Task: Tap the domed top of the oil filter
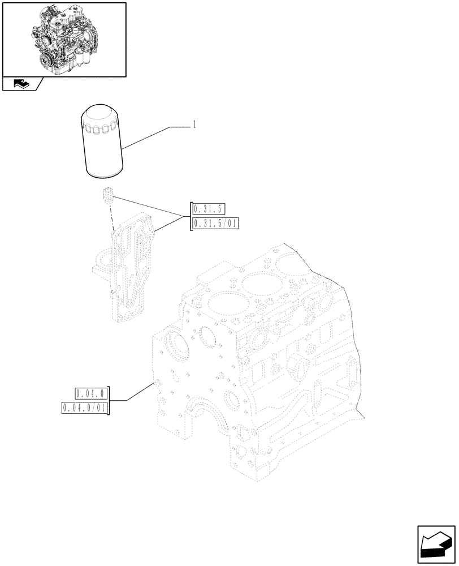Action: coord(102,110)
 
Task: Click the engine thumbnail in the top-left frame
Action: coord(63,38)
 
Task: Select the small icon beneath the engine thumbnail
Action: coord(21,84)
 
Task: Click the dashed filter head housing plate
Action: coord(132,266)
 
